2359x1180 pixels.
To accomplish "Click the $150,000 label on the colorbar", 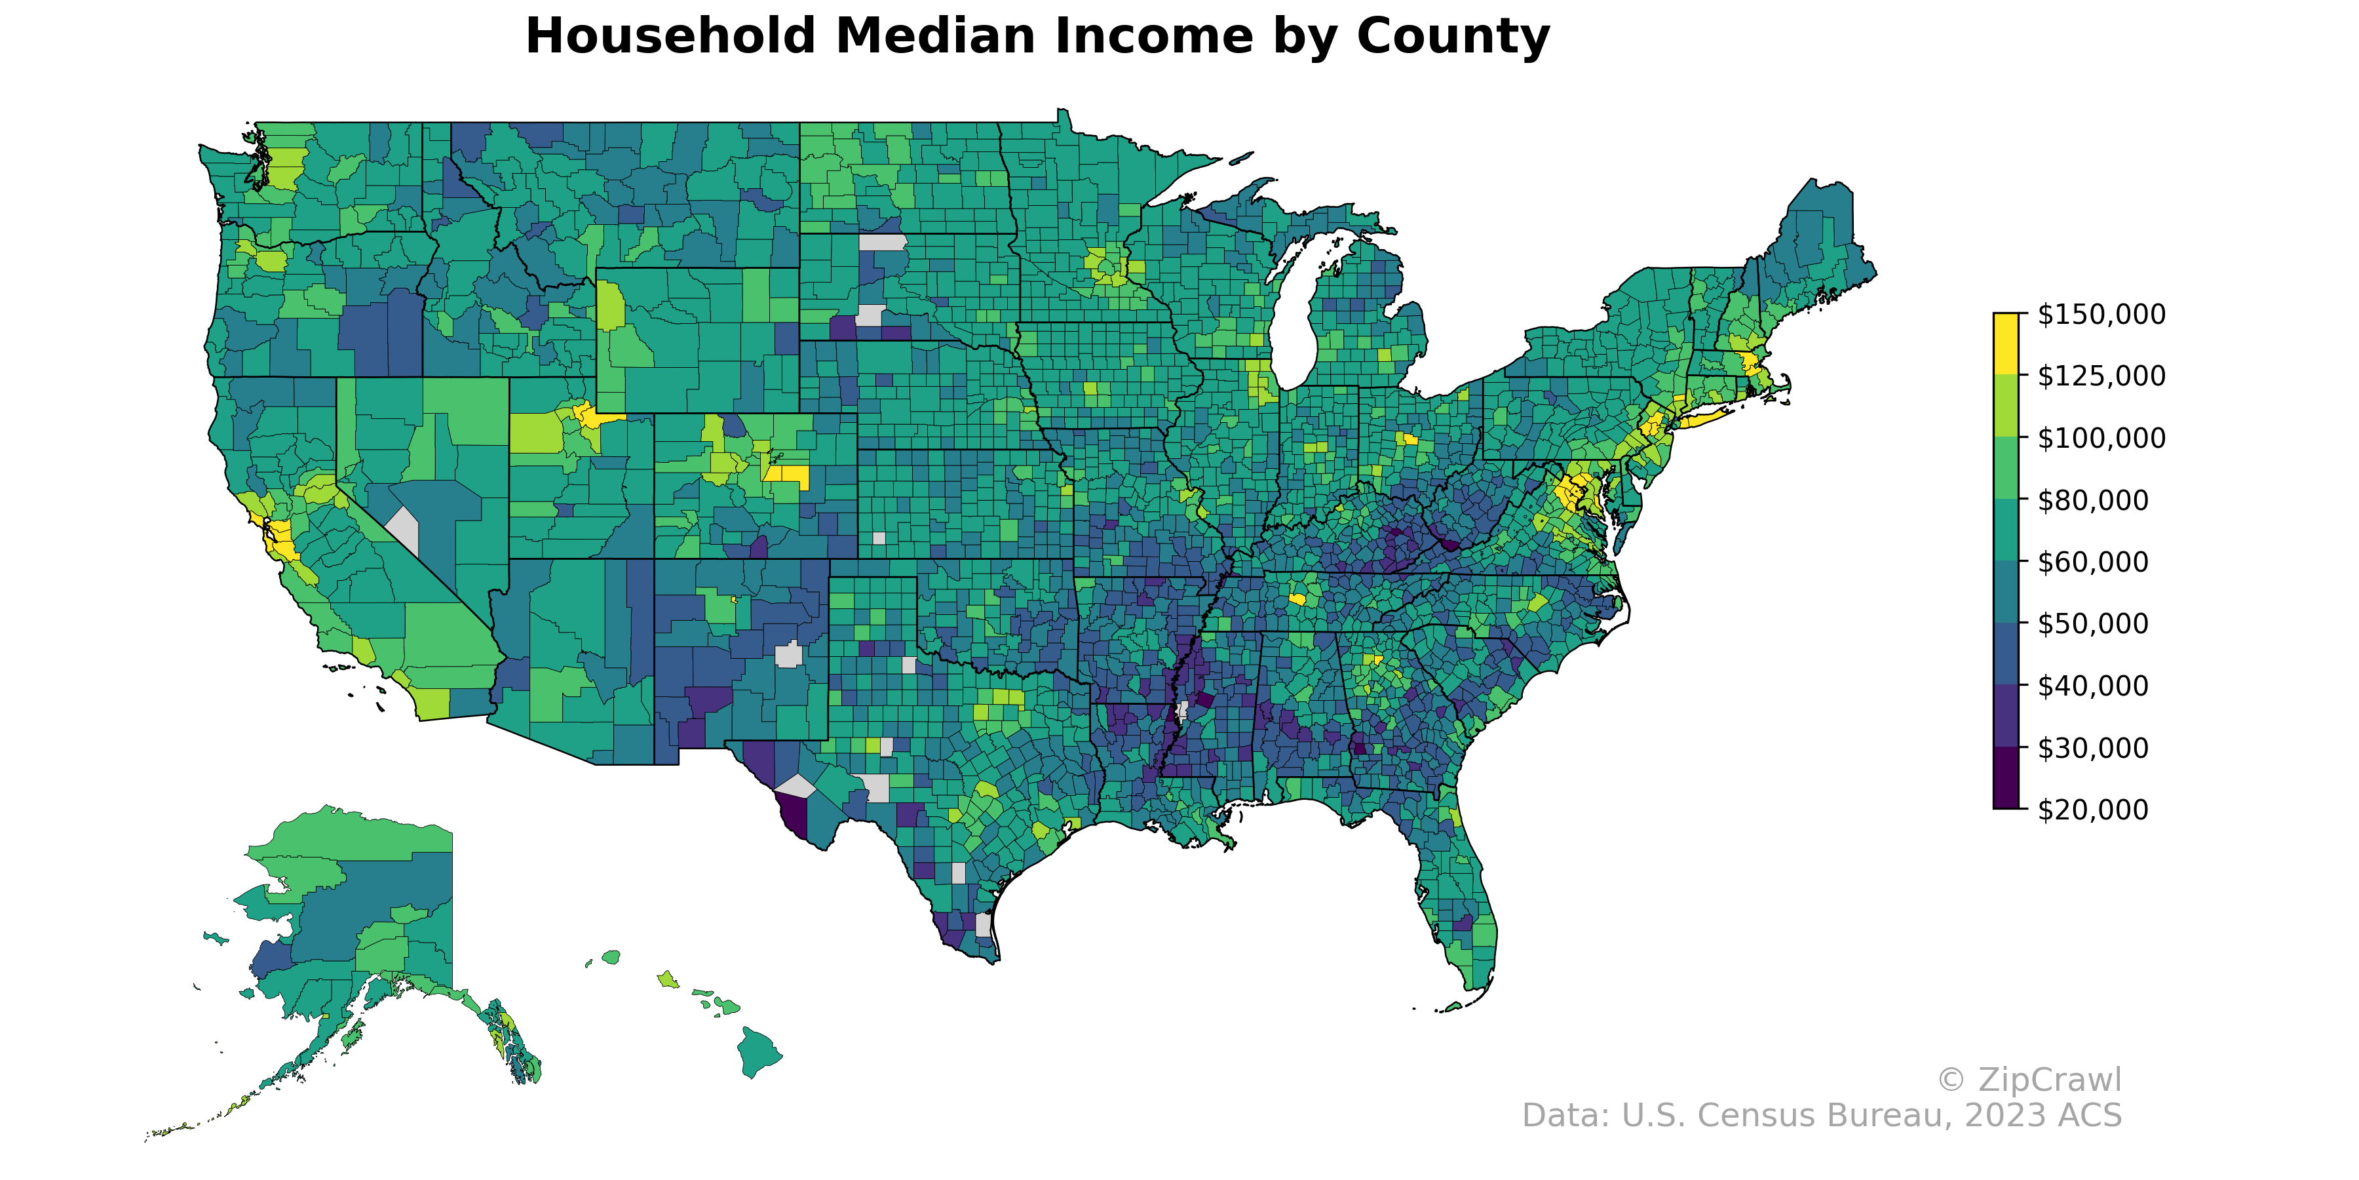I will click(2101, 314).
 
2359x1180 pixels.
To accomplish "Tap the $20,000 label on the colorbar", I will click(2092, 810).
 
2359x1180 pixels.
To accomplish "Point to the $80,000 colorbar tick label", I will click(2092, 500).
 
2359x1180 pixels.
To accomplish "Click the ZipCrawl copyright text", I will click(2028, 1080).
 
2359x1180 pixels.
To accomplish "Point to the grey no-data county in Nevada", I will click(404, 530).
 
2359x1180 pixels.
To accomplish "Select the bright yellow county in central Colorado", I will click(788, 475).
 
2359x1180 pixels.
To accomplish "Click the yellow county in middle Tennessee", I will click(1297, 599).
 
